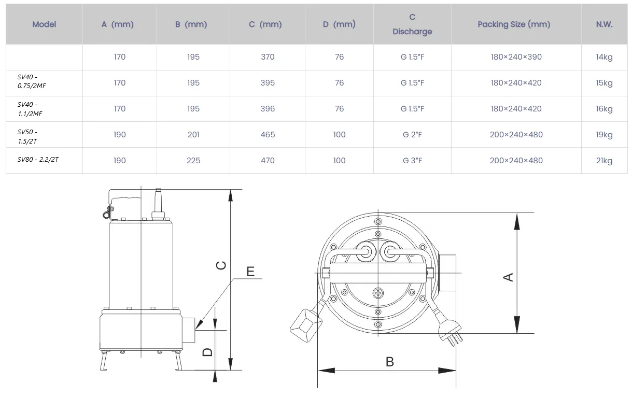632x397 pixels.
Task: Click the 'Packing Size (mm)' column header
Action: pos(514,24)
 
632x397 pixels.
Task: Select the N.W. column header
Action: pos(604,24)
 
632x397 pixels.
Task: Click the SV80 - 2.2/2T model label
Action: pos(38,160)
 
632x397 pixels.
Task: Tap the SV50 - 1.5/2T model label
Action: pos(27,136)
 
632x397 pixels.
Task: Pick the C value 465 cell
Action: pos(268,135)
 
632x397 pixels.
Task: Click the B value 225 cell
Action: pos(193,161)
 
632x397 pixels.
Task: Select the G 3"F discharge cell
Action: pos(412,161)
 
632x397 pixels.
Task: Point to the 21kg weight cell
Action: pos(604,161)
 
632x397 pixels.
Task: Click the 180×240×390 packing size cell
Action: pos(516,57)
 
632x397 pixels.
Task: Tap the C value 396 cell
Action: pos(268,109)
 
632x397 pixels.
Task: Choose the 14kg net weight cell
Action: pos(604,57)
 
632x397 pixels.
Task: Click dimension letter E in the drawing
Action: pos(250,271)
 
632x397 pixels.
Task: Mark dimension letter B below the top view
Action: pos(390,362)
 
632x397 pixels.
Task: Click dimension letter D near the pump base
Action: pos(207,352)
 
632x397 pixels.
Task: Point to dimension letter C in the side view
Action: pos(221,265)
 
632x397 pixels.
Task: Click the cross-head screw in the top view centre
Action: pos(378,293)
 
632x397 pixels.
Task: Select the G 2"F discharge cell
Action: pos(412,135)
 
